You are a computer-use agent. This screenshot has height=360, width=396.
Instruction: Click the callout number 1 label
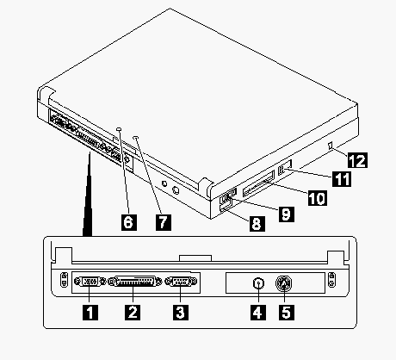[x=90, y=313]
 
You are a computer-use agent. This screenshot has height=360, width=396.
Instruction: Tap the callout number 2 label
[x=133, y=313]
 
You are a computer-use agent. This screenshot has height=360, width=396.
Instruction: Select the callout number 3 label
[x=181, y=313]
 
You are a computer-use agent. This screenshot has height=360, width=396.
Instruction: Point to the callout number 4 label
[x=258, y=313]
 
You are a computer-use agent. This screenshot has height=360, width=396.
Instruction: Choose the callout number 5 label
[x=286, y=313]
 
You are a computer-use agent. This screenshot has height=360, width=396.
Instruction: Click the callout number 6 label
[x=129, y=222]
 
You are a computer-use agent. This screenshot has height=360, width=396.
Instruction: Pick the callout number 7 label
[x=164, y=222]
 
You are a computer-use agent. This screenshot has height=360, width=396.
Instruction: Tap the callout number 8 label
[x=257, y=223]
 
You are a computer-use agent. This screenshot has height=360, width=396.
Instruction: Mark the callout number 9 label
[x=286, y=214]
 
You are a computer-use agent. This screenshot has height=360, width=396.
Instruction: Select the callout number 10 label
[x=317, y=198]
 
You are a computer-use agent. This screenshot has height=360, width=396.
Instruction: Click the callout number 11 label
[x=342, y=179]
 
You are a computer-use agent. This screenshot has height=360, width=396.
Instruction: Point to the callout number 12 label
[x=357, y=160]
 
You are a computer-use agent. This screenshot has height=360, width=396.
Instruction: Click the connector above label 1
[x=90, y=282]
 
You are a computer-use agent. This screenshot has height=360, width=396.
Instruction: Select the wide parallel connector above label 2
[x=134, y=282]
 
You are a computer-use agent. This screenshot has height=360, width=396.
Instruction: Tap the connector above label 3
[x=182, y=282]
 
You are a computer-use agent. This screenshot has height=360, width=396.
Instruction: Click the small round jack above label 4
[x=258, y=283]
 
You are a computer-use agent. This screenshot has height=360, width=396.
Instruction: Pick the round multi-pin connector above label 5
[x=284, y=283]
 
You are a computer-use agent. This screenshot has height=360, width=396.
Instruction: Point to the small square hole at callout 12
[x=331, y=146]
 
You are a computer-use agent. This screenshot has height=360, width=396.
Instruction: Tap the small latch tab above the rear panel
[x=195, y=258]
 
